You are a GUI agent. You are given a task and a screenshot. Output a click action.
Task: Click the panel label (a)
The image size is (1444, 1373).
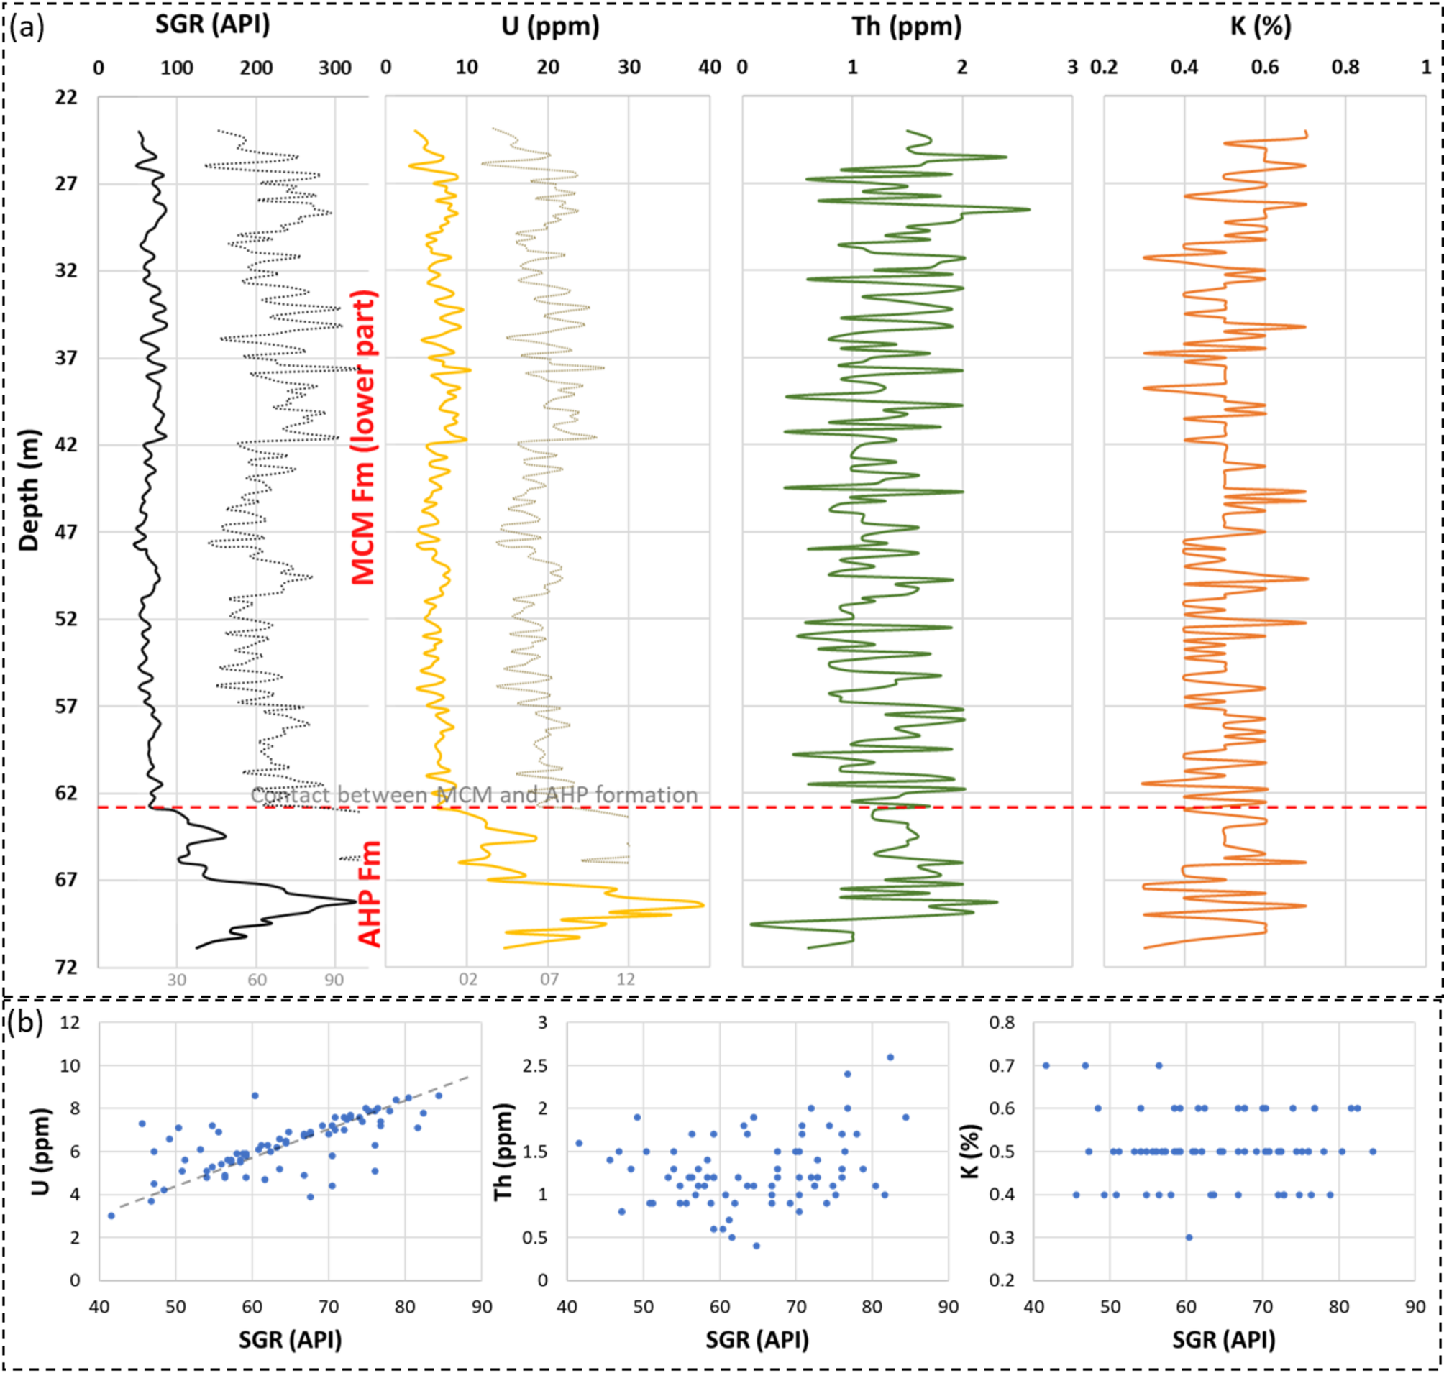[x=27, y=27]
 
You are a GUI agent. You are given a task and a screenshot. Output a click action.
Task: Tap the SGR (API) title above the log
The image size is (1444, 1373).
[x=212, y=25]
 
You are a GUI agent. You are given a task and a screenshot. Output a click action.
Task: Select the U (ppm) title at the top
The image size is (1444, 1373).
[x=550, y=27]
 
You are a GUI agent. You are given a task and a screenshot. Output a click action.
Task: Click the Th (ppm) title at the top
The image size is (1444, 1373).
[x=906, y=27]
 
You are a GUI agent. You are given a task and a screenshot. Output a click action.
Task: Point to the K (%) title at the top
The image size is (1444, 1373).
[x=1260, y=27]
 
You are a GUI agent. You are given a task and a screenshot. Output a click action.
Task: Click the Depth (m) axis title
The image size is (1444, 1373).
[x=29, y=490]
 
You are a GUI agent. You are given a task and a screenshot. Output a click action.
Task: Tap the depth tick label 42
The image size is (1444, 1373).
[x=66, y=445]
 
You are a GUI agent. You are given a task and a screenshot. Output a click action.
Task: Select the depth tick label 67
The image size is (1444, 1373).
[x=66, y=880]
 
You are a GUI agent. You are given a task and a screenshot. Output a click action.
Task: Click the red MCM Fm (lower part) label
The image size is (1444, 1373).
[x=364, y=438]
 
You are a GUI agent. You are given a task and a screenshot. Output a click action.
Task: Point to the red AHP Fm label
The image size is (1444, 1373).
[x=370, y=894]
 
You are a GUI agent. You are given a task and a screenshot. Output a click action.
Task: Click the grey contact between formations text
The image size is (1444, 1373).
[x=474, y=795]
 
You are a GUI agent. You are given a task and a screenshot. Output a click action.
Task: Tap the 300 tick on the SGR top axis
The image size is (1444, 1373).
[x=334, y=68]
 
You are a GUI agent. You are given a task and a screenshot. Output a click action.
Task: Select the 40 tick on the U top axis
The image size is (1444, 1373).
[x=710, y=68]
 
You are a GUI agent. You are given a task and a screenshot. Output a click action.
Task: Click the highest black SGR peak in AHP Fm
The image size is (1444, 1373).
[x=355, y=901]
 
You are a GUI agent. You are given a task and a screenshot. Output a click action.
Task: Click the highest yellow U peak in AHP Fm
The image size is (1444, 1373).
[x=703, y=905]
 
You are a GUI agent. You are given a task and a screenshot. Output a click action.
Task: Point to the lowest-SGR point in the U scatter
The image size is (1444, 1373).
[x=111, y=1216]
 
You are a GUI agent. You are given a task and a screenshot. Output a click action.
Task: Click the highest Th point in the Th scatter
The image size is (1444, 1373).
[x=890, y=1057]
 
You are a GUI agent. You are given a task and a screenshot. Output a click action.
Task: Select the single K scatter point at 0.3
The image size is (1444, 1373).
[x=1189, y=1238]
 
